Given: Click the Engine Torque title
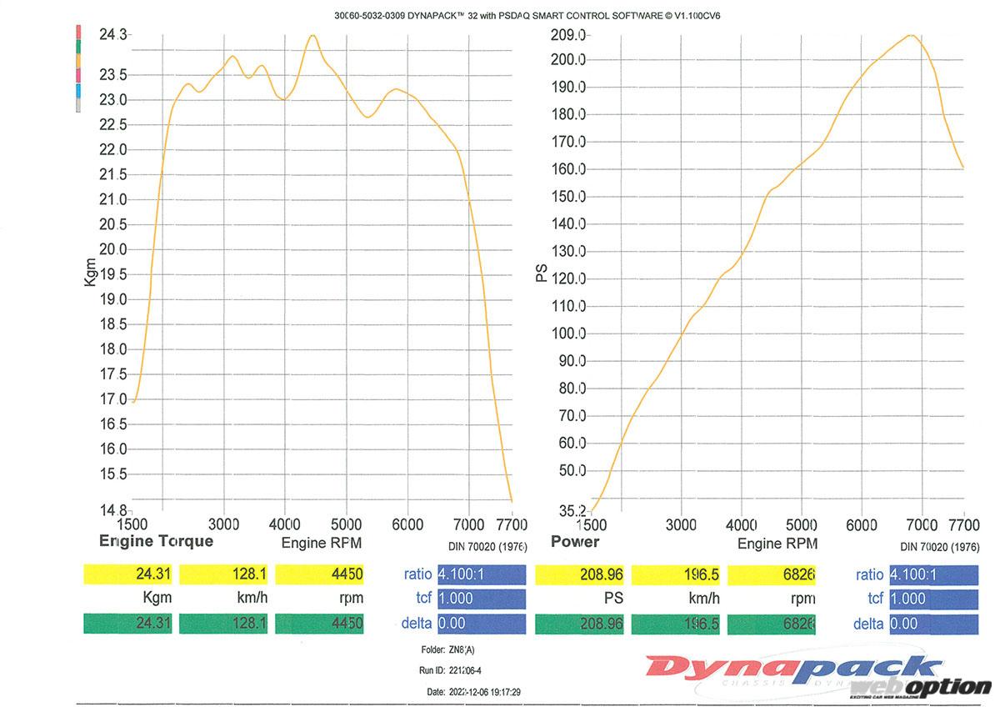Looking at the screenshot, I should point(156,541).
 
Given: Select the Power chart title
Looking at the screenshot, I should point(575,542).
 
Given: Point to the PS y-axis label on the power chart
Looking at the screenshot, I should point(542,273).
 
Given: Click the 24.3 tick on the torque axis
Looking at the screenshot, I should point(113,34).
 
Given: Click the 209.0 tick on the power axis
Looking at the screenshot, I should point(570,34).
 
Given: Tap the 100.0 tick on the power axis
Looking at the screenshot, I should point(570,333).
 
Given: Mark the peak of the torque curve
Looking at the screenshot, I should point(312,35).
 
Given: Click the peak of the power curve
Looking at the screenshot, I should point(911,35).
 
